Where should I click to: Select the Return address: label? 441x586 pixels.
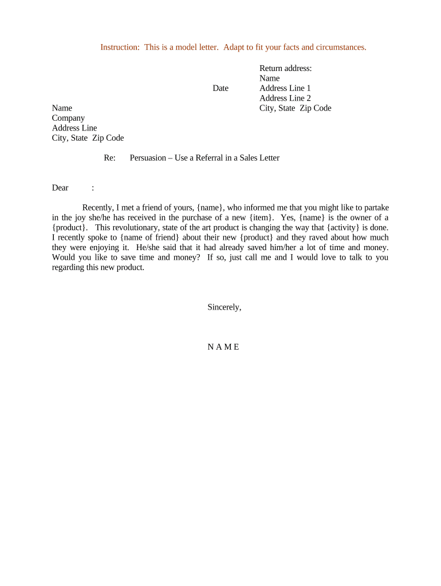pyautogui.click(x=285, y=68)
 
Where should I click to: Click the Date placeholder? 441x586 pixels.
pyautogui.click(x=220, y=88)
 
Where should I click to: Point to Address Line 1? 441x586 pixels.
pyautogui.click(x=285, y=88)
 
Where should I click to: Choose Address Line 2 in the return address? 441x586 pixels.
pyautogui.click(x=285, y=98)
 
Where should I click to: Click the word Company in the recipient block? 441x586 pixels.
pyautogui.click(x=68, y=118)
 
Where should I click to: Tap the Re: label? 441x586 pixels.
pyautogui.click(x=110, y=157)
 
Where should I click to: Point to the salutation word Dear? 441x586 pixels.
pyautogui.click(x=60, y=188)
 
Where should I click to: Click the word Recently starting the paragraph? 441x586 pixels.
pyautogui.click(x=98, y=207)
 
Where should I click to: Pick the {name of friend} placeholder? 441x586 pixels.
pyautogui.click(x=150, y=237)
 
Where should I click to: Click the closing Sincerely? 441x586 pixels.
pyautogui.click(x=224, y=307)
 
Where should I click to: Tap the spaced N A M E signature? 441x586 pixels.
pyautogui.click(x=223, y=347)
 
